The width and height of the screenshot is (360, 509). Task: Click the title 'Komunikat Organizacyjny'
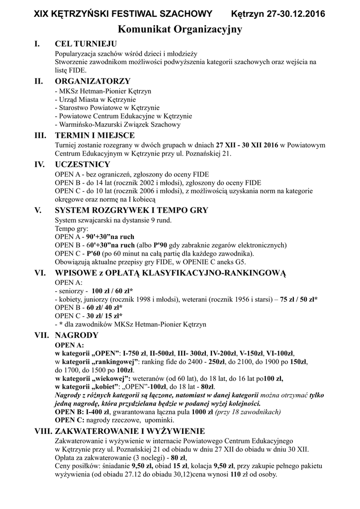[180, 30]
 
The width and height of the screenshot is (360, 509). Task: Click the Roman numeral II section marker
[39, 81]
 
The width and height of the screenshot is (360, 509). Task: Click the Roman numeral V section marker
[37, 210]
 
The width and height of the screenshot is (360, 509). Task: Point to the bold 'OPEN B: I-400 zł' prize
[82, 412]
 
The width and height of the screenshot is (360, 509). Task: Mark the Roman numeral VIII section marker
[42, 430]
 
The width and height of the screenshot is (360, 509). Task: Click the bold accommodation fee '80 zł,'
[178, 458]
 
